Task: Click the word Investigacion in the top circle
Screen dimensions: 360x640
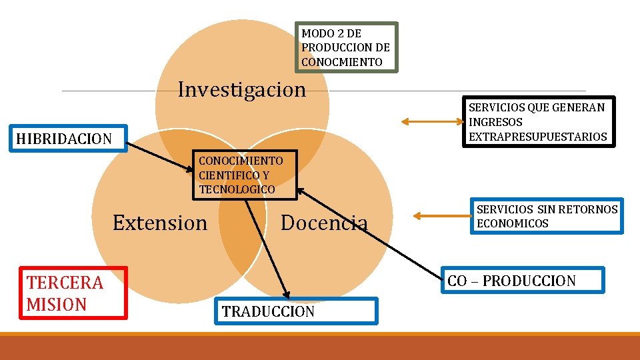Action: (x=241, y=89)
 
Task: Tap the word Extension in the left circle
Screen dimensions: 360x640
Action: (x=160, y=223)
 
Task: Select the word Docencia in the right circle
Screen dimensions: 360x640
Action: (x=324, y=223)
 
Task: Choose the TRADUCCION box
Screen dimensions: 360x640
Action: (x=296, y=311)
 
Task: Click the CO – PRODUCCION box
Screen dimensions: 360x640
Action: (x=523, y=281)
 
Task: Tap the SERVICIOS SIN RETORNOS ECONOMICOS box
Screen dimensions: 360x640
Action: (x=547, y=216)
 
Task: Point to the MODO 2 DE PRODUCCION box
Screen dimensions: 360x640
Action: (x=346, y=47)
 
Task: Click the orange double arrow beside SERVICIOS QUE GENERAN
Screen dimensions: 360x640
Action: (x=431, y=121)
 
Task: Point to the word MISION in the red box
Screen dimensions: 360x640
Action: (x=57, y=305)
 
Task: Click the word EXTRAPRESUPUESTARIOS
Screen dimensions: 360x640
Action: (x=538, y=137)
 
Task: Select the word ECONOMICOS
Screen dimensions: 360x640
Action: (x=513, y=223)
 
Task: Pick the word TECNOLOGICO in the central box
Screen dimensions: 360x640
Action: (x=237, y=189)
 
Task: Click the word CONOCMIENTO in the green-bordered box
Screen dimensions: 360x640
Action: (x=342, y=62)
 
